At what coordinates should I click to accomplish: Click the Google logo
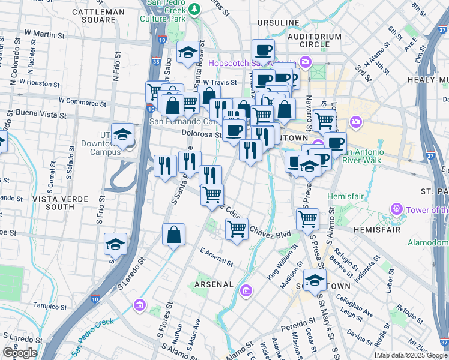(x=20, y=353)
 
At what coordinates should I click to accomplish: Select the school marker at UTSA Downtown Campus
(x=122, y=134)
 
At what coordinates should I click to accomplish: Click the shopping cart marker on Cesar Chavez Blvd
(x=237, y=229)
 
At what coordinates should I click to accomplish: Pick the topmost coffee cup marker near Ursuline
(x=262, y=50)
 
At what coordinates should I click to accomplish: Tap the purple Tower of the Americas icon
(x=396, y=209)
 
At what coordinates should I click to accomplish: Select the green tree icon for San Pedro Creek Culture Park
(x=194, y=9)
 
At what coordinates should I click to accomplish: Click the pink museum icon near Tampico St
(x=140, y=305)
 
